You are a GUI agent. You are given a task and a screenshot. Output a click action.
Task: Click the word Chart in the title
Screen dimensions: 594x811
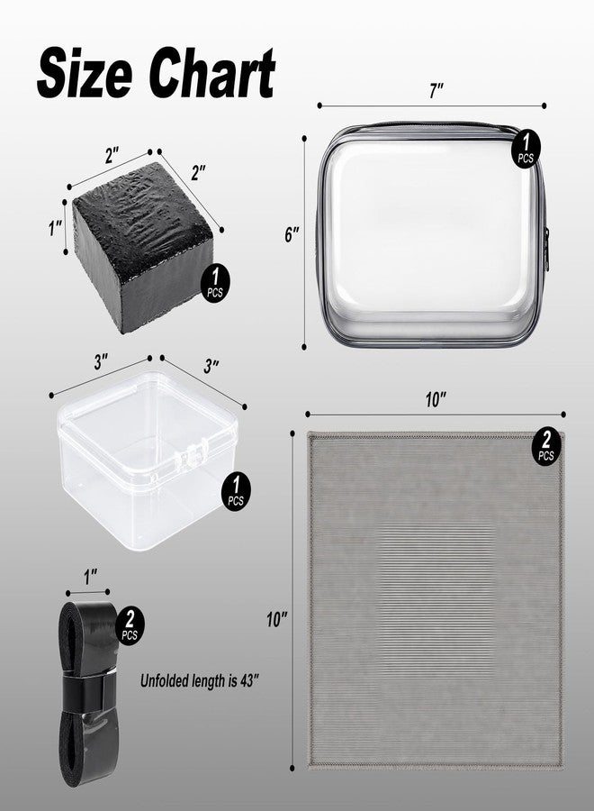[211, 72]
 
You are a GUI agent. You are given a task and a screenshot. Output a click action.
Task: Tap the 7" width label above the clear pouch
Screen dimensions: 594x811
[436, 90]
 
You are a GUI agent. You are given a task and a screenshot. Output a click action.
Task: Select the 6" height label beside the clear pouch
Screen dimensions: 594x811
[292, 235]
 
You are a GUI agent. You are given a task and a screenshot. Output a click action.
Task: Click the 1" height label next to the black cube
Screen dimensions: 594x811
[55, 228]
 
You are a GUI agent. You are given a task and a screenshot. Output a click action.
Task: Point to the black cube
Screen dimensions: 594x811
[142, 247]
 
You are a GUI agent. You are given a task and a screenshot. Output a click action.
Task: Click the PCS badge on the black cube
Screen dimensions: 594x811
[215, 283]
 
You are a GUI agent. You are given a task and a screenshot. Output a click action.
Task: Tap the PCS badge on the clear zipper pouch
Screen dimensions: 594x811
[526, 148]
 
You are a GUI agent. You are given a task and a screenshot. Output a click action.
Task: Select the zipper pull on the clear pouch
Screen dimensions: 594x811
[546, 249]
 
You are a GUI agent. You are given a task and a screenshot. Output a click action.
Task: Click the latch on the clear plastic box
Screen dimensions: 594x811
[192, 454]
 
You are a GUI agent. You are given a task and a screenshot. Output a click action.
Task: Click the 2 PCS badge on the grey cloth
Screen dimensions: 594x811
[547, 445]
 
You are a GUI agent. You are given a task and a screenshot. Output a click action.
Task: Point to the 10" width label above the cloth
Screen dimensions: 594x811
[436, 399]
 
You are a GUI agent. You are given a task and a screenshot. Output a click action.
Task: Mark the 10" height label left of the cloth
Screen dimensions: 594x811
[277, 619]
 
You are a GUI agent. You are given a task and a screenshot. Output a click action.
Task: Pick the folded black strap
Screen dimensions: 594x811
[88, 695]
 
